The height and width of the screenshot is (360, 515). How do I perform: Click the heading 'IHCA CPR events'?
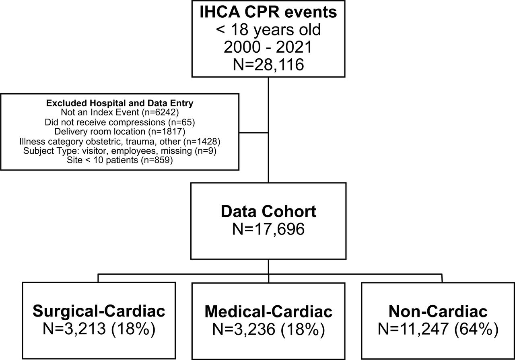[x=268, y=12]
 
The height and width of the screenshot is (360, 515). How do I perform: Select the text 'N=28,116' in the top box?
[x=268, y=65]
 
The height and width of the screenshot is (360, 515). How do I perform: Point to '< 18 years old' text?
[x=268, y=30]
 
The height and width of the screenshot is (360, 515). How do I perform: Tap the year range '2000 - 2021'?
[x=268, y=47]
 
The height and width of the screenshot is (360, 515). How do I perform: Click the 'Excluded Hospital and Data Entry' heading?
[x=119, y=103]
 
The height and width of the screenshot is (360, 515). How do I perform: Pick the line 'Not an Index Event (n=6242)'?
[x=120, y=112]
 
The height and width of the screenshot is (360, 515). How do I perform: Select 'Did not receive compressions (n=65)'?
[x=120, y=122]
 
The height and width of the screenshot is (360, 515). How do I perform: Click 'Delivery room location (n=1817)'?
[x=120, y=132]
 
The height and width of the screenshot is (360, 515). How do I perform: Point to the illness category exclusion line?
[x=120, y=141]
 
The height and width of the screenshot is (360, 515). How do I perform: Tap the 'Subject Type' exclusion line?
[x=120, y=151]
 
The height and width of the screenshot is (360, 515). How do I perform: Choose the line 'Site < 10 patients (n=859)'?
[x=120, y=160]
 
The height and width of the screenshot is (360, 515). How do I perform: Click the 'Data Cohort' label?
[x=268, y=212]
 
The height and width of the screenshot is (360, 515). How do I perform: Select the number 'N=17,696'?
[x=268, y=229]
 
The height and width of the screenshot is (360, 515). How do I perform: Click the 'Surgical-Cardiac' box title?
[x=99, y=311]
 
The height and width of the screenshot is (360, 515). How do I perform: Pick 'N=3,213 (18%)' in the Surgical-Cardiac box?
[x=99, y=329]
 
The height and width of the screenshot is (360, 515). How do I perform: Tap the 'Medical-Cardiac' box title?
[x=268, y=312]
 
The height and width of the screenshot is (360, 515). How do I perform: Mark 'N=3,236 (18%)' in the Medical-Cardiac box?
[x=268, y=329]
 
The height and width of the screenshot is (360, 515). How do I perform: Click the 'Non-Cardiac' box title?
[x=438, y=311]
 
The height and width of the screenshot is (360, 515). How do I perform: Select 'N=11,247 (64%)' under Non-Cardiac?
[x=438, y=329]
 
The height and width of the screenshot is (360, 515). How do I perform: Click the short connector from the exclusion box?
[x=253, y=133]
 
